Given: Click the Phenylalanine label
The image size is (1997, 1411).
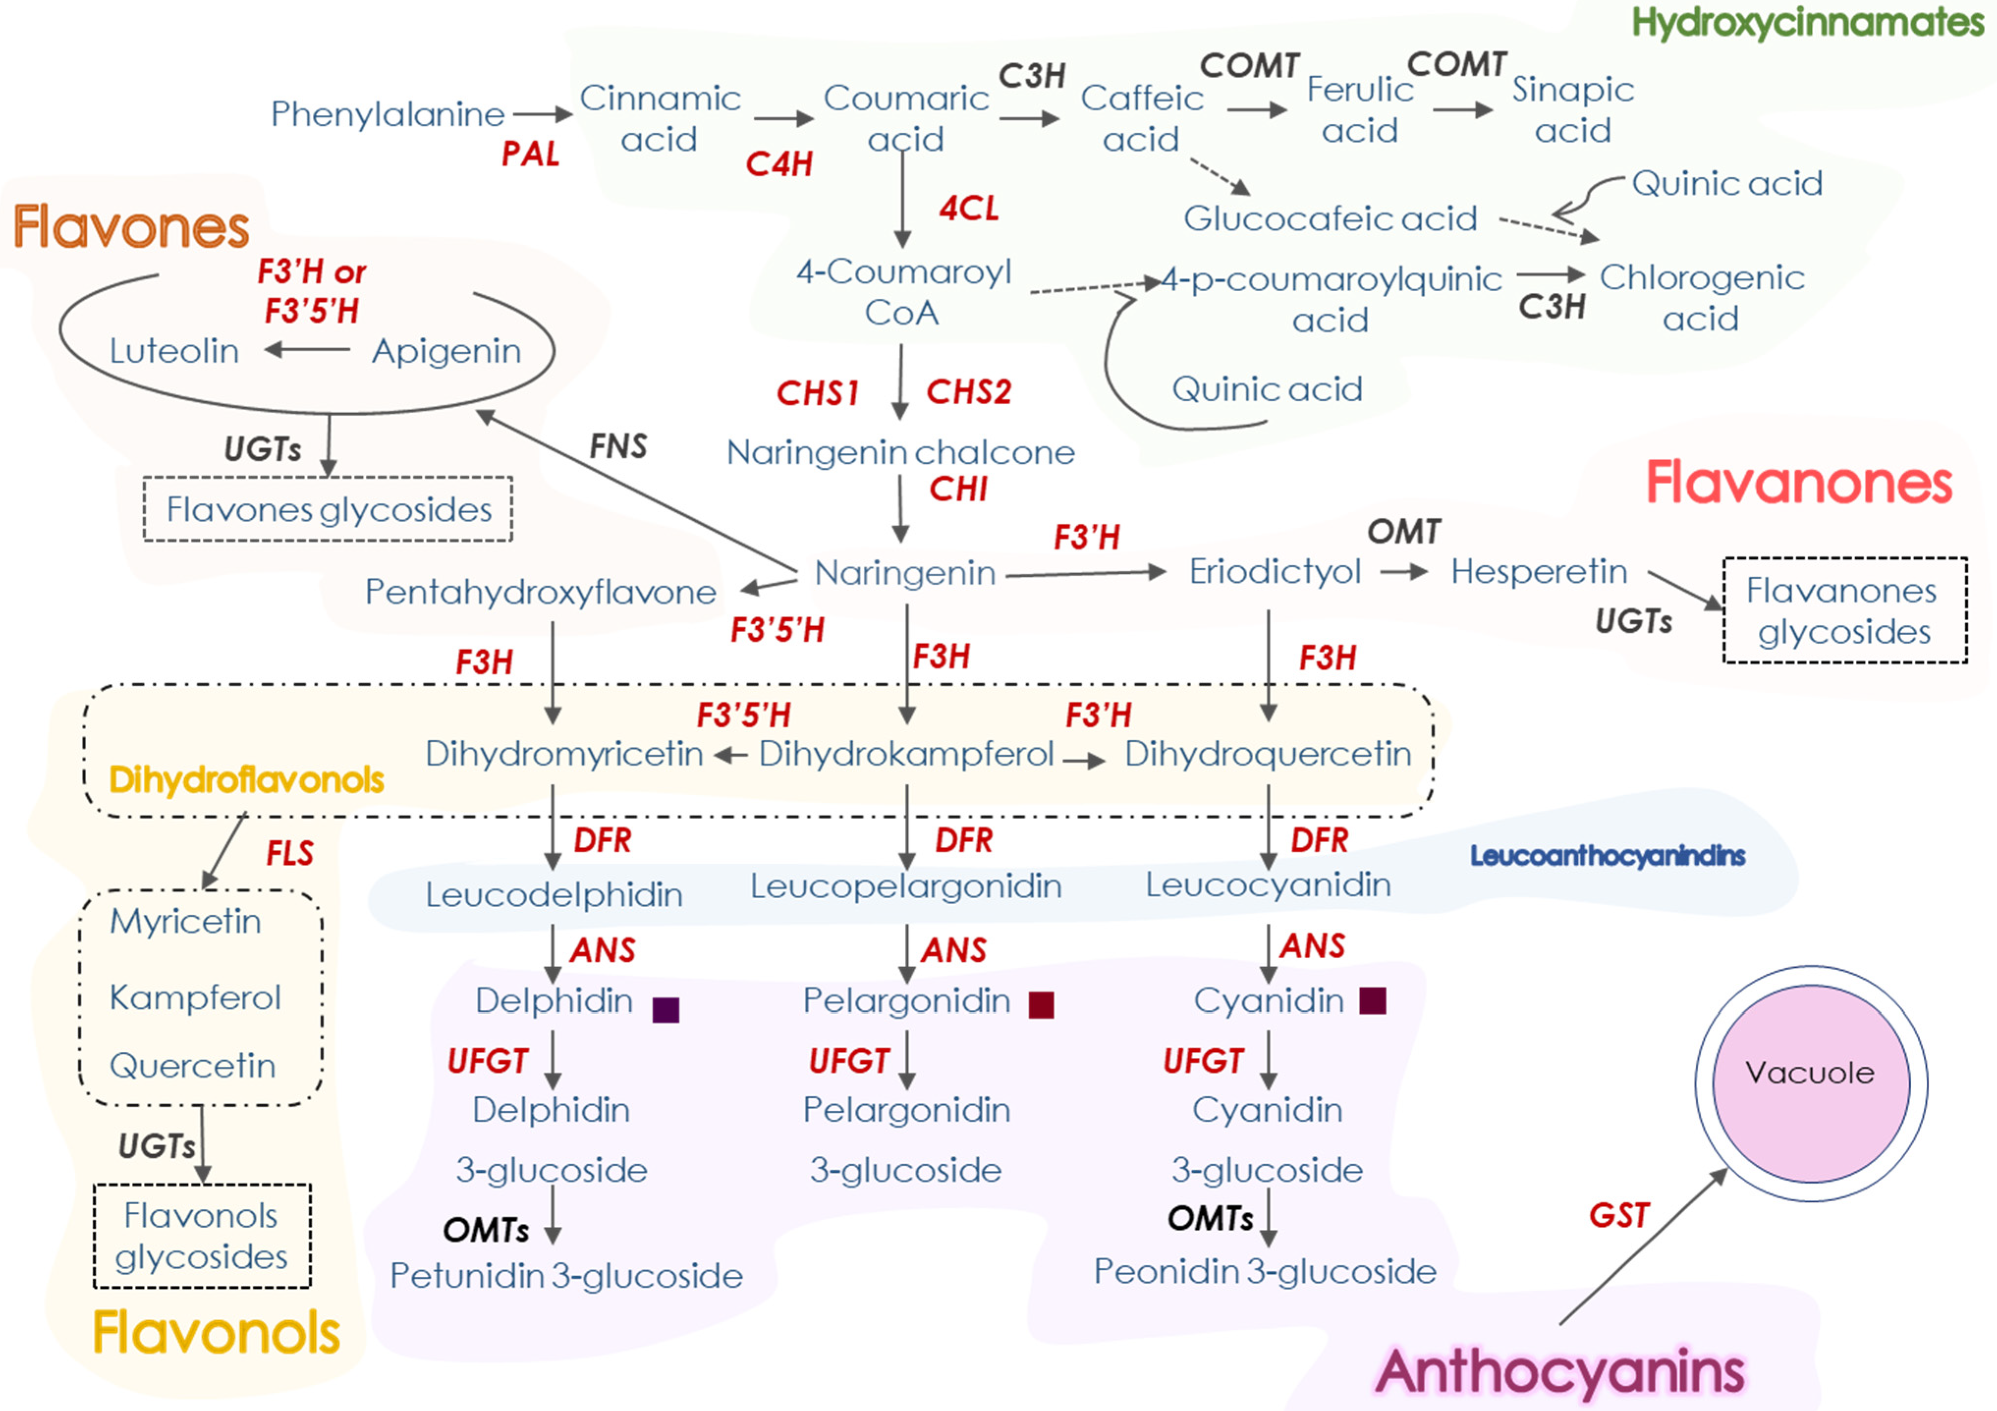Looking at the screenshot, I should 387,114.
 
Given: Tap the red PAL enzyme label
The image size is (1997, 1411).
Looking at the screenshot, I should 530,154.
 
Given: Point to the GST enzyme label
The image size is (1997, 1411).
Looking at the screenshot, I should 1618,1215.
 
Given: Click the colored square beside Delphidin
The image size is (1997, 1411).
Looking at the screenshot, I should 665,1009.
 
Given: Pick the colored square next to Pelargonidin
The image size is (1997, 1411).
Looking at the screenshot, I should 1041,1005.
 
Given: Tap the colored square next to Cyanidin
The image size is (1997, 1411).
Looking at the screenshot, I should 1372,1000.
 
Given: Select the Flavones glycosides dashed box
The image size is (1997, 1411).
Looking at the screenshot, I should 328,509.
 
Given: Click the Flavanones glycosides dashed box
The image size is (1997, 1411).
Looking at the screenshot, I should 1845,610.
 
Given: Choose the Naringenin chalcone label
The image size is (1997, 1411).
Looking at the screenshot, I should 900,452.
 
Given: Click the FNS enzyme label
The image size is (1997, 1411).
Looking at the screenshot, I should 618,446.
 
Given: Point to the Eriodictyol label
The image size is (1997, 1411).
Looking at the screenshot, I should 1274,572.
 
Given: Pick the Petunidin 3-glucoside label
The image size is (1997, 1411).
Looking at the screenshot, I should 566,1275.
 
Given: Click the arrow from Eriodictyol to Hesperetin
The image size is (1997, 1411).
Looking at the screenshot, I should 1404,572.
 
